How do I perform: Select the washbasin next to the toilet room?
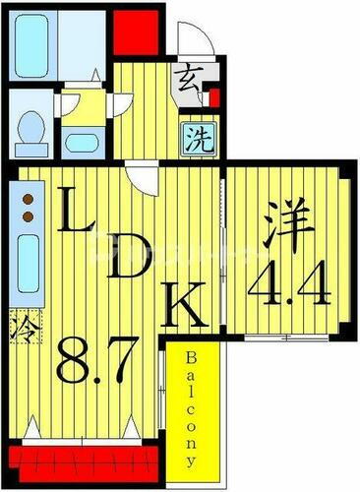[78, 136]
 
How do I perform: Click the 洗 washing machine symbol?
[192, 135]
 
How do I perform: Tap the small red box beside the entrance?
[213, 98]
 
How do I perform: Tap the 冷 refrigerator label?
[20, 325]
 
